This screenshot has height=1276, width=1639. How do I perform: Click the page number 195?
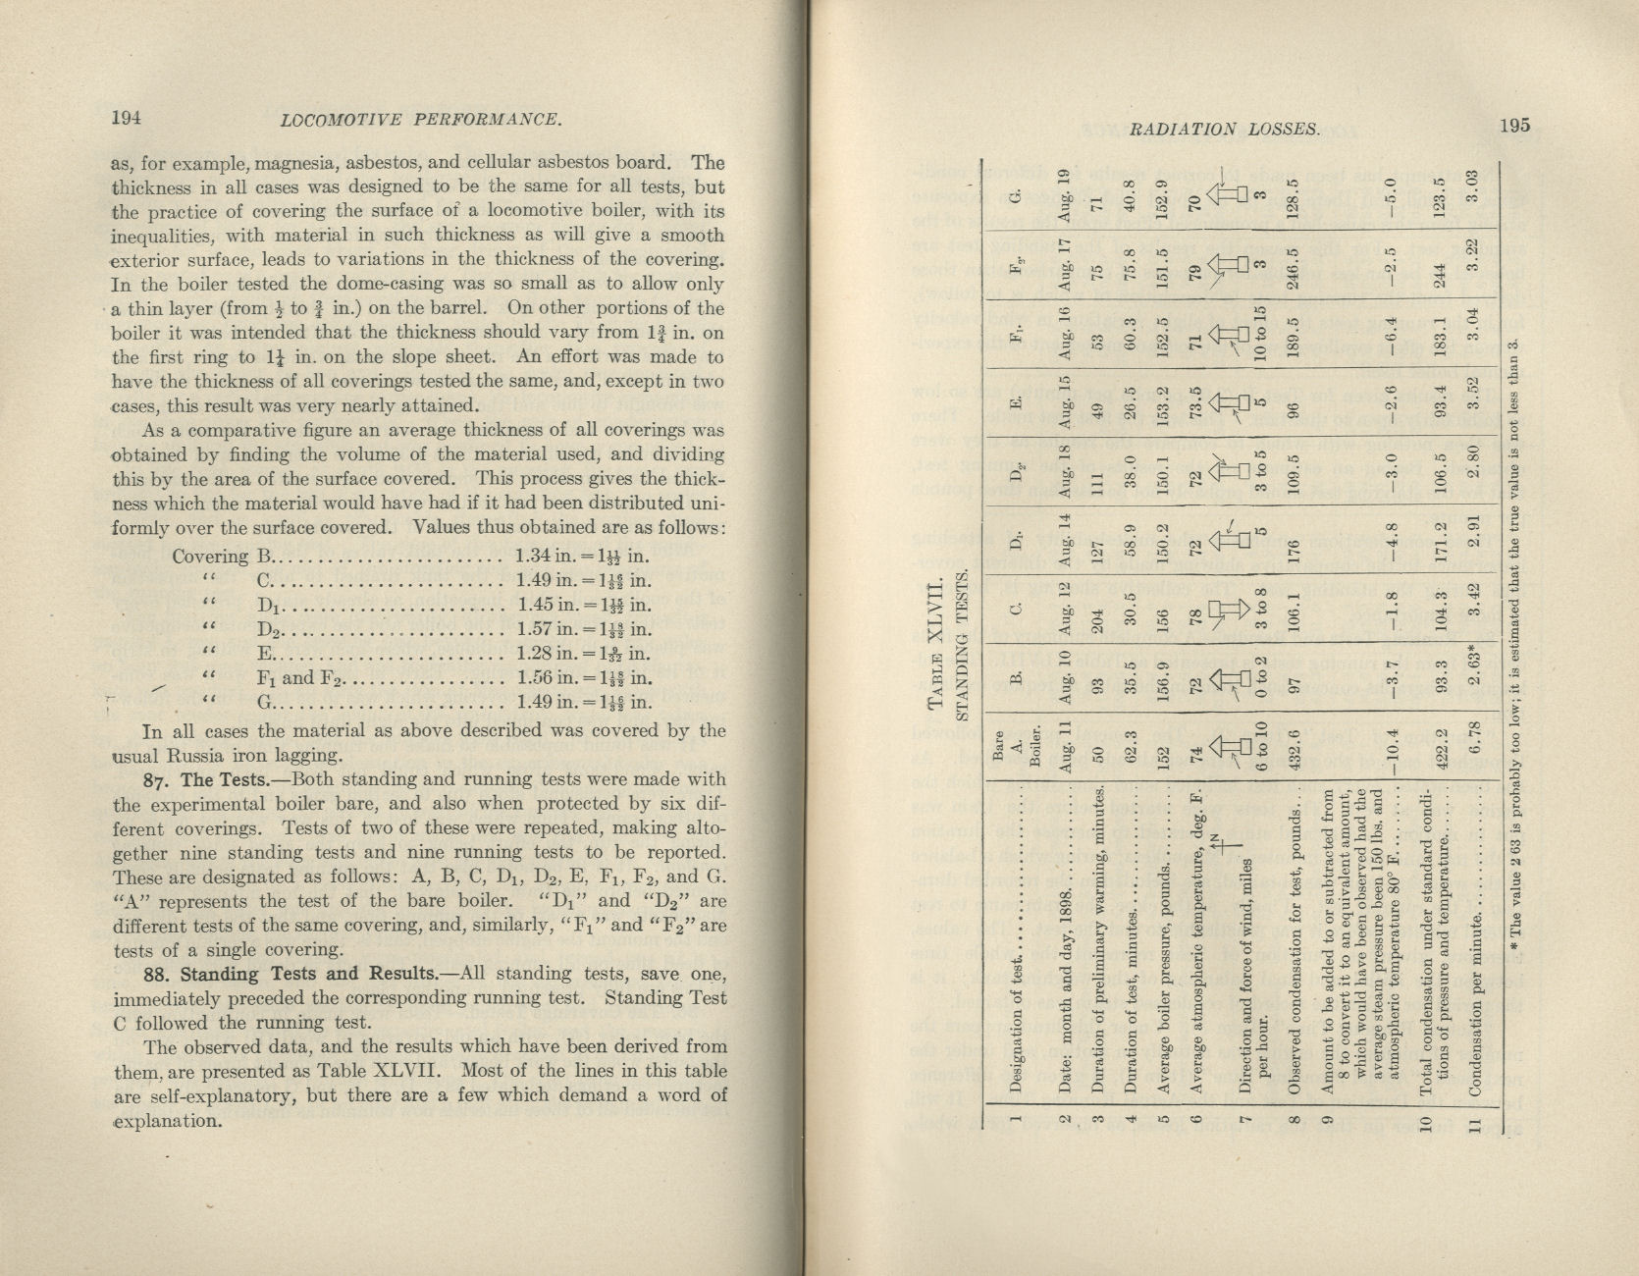coord(1513,126)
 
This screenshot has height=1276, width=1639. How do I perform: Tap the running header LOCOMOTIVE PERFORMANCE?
coord(421,121)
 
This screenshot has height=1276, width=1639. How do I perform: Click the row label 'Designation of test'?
coord(1018,1039)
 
